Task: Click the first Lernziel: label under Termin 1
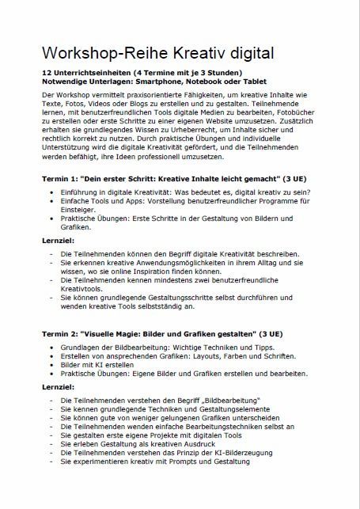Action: pos(60,238)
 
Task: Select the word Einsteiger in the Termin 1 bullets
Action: pos(80,211)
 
